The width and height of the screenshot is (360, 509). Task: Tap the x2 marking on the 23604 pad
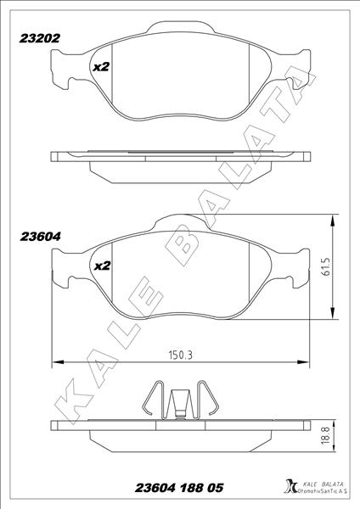(x=101, y=266)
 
